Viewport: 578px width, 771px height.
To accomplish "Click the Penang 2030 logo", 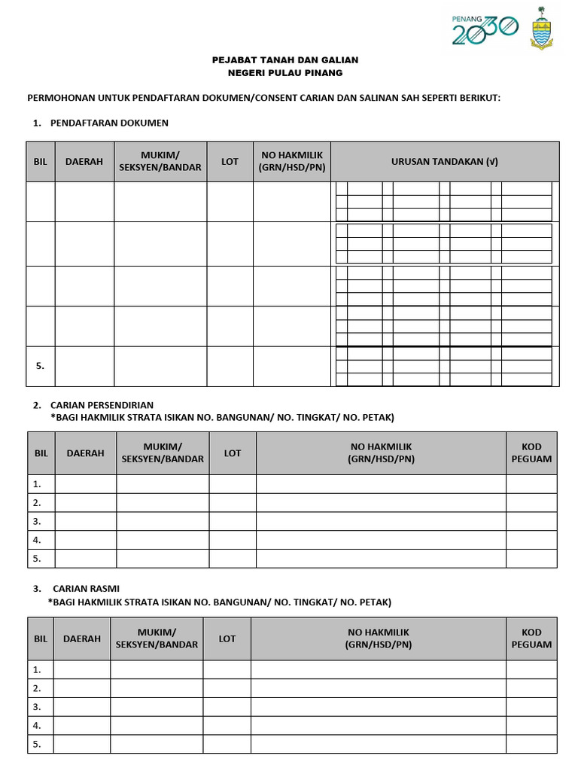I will coord(485,30).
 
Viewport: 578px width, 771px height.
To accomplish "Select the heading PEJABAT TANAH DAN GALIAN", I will coord(284,59).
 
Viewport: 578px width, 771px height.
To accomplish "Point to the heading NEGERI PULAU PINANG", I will coord(284,73).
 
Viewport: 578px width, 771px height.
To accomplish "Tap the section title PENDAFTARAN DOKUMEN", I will coord(109,122).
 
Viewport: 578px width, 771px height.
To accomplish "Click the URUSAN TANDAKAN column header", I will coord(444,161).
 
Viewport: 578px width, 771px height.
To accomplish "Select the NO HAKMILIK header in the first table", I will coord(292,161).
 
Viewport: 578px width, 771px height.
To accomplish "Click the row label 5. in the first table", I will coord(40,366).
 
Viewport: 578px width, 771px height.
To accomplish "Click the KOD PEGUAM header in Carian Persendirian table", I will coord(531,453).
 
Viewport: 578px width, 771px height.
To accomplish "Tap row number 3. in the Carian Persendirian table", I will coord(37,521).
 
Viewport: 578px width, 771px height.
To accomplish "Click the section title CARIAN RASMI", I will coord(86,588).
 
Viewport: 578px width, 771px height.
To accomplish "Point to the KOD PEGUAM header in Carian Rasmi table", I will coord(531,638).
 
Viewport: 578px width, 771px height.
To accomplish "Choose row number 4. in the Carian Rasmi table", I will coord(36,726).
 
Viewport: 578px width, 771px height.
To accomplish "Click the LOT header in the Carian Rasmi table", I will coord(227,638).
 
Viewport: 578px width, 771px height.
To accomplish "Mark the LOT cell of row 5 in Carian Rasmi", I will coord(227,745).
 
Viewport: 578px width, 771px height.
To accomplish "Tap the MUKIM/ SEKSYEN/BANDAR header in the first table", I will coord(160,161).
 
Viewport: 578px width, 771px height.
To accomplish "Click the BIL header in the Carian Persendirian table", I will coord(41,453).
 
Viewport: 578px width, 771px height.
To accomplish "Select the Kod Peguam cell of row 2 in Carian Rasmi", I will coord(531,688).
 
